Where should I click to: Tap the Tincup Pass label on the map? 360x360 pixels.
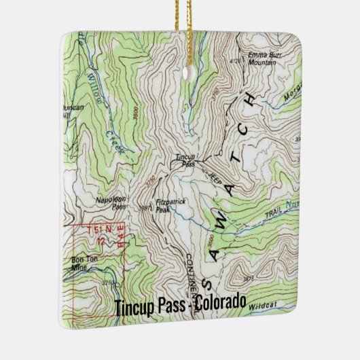[185, 161]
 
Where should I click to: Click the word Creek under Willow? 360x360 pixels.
[115, 143]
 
